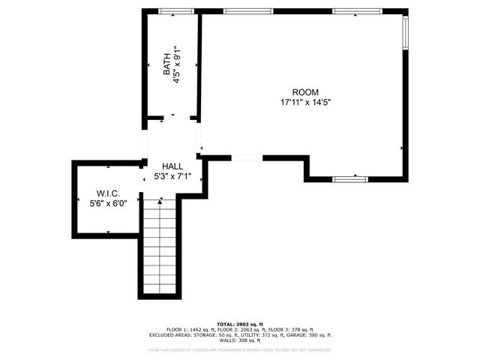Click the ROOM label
click(x=300, y=91)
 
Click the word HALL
click(x=172, y=166)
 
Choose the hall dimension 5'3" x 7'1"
click(x=172, y=177)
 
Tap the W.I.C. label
click(x=108, y=193)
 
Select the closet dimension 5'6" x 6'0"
click(x=108, y=202)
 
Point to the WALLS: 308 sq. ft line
click(x=240, y=341)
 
